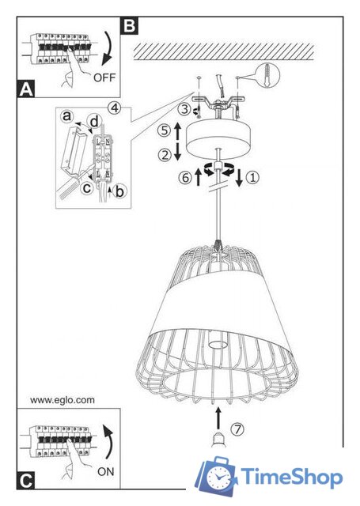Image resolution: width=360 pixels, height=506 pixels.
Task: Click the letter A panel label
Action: coord(25,89)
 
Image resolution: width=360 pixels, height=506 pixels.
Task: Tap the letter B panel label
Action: coord(129,26)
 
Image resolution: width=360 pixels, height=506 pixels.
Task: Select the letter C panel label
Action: coord(25,481)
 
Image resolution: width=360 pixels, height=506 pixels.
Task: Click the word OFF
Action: coord(104,77)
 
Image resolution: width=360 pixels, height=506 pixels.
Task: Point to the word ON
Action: coord(106,471)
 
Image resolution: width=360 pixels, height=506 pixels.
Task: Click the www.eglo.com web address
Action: coord(63,400)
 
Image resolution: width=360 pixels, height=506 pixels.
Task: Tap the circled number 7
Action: coord(237,429)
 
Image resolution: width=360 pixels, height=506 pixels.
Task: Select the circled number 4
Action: coord(114,108)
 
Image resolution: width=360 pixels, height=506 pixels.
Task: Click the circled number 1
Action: coord(252,177)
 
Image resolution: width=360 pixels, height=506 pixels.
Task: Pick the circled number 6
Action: coord(185,178)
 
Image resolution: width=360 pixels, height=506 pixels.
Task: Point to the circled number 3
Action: coord(184,109)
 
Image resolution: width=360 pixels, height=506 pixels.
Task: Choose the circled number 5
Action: coord(165,130)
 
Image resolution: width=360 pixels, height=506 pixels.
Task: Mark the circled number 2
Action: coord(165,156)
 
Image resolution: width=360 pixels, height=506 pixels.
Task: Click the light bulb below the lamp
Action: coord(218,440)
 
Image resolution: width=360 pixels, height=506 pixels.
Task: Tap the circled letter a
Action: coord(66,116)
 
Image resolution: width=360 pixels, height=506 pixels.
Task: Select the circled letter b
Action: coord(119,191)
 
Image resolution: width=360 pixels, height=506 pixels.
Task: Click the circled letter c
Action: coord(87,187)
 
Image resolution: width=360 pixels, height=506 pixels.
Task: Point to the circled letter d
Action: coord(95,122)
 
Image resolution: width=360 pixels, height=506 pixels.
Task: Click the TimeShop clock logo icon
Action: coord(217,476)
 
